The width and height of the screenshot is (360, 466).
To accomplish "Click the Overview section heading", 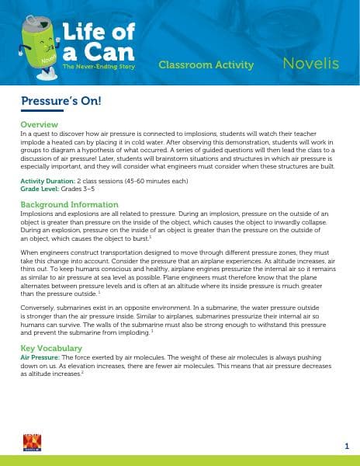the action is (40, 124).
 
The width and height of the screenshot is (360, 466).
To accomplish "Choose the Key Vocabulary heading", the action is (51, 349).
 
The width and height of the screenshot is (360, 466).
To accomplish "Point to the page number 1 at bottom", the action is (346, 445).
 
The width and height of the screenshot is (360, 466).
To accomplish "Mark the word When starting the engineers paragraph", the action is (28, 253).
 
